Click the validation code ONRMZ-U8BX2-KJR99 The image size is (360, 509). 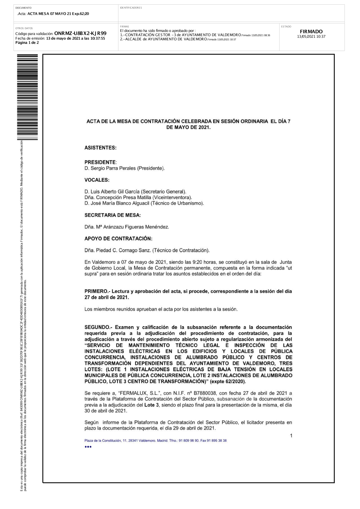(80, 33)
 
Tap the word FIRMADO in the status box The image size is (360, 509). (311, 32)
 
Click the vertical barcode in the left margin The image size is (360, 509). (27, 97)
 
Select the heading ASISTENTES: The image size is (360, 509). (100, 148)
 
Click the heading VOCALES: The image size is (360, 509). (97, 180)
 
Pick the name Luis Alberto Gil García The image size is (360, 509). (114, 192)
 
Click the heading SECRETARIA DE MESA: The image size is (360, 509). (113, 215)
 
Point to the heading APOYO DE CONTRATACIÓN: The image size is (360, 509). (118, 239)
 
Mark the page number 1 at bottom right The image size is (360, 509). (291, 436)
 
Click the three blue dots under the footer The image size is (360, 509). (88, 447)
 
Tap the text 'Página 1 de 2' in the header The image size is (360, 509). (27, 42)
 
